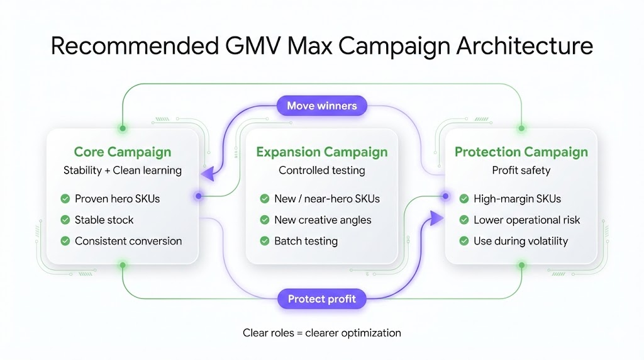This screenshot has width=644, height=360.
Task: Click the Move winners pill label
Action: [321, 105]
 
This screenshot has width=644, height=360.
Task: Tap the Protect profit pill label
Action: [321, 298]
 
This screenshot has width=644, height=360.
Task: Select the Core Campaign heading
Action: [123, 152]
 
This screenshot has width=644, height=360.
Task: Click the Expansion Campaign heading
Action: [321, 152]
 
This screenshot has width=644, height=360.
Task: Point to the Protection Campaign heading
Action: [521, 152]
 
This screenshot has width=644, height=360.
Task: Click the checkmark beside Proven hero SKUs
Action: [65, 199]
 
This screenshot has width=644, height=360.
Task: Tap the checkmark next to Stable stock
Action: [65, 220]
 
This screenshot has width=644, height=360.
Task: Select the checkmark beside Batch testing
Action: [265, 240]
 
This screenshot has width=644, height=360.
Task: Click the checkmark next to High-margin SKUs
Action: [464, 199]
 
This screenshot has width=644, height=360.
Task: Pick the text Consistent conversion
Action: [128, 240]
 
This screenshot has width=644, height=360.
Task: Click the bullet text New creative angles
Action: [323, 220]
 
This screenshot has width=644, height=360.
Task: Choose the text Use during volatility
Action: [521, 240]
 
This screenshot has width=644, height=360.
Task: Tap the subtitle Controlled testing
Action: [321, 170]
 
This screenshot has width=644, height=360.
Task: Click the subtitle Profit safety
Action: [521, 170]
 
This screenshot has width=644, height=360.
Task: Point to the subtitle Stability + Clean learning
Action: [123, 170]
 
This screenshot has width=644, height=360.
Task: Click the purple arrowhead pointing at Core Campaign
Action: [207, 174]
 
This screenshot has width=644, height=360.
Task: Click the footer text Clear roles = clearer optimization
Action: [321, 332]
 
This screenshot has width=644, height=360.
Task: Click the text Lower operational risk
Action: [526, 220]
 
